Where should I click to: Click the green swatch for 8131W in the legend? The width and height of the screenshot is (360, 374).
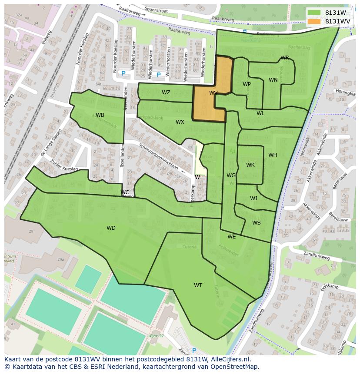(x=314, y=13)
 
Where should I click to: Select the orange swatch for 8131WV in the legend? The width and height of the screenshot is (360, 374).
(x=314, y=21)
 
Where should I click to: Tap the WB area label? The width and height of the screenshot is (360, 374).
(x=100, y=115)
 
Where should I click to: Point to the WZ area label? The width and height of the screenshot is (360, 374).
(x=166, y=93)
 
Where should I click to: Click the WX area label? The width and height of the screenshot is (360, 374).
(x=180, y=122)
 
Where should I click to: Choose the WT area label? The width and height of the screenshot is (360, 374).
(x=198, y=285)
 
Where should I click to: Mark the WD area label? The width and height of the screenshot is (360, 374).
(x=111, y=228)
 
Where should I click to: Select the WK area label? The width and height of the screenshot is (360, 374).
(x=250, y=165)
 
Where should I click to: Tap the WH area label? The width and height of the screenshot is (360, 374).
(x=273, y=155)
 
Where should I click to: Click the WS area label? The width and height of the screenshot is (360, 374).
(x=257, y=223)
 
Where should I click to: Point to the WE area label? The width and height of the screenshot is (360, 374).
(x=231, y=237)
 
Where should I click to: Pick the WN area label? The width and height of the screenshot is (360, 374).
(x=273, y=80)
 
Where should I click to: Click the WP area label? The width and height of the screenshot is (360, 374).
(x=247, y=84)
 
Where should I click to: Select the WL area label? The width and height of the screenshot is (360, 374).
(x=260, y=113)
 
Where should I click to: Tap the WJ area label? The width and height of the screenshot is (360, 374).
(x=253, y=199)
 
